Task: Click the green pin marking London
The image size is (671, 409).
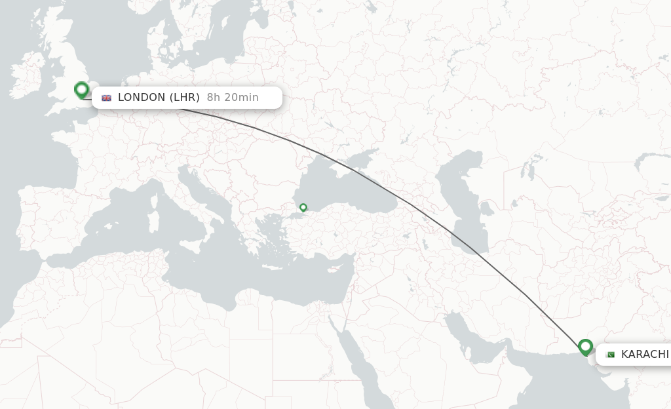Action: tap(82, 90)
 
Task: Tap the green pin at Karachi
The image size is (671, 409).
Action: tap(585, 347)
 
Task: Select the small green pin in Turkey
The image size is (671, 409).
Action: tap(303, 208)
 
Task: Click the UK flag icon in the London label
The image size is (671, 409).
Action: tap(106, 98)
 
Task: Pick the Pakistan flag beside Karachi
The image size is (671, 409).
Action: tap(610, 355)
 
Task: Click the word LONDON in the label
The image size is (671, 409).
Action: tap(142, 98)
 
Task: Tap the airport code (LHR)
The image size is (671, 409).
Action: tap(185, 98)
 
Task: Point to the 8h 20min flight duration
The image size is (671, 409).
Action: tap(233, 98)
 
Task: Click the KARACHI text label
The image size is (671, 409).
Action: tap(645, 355)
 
